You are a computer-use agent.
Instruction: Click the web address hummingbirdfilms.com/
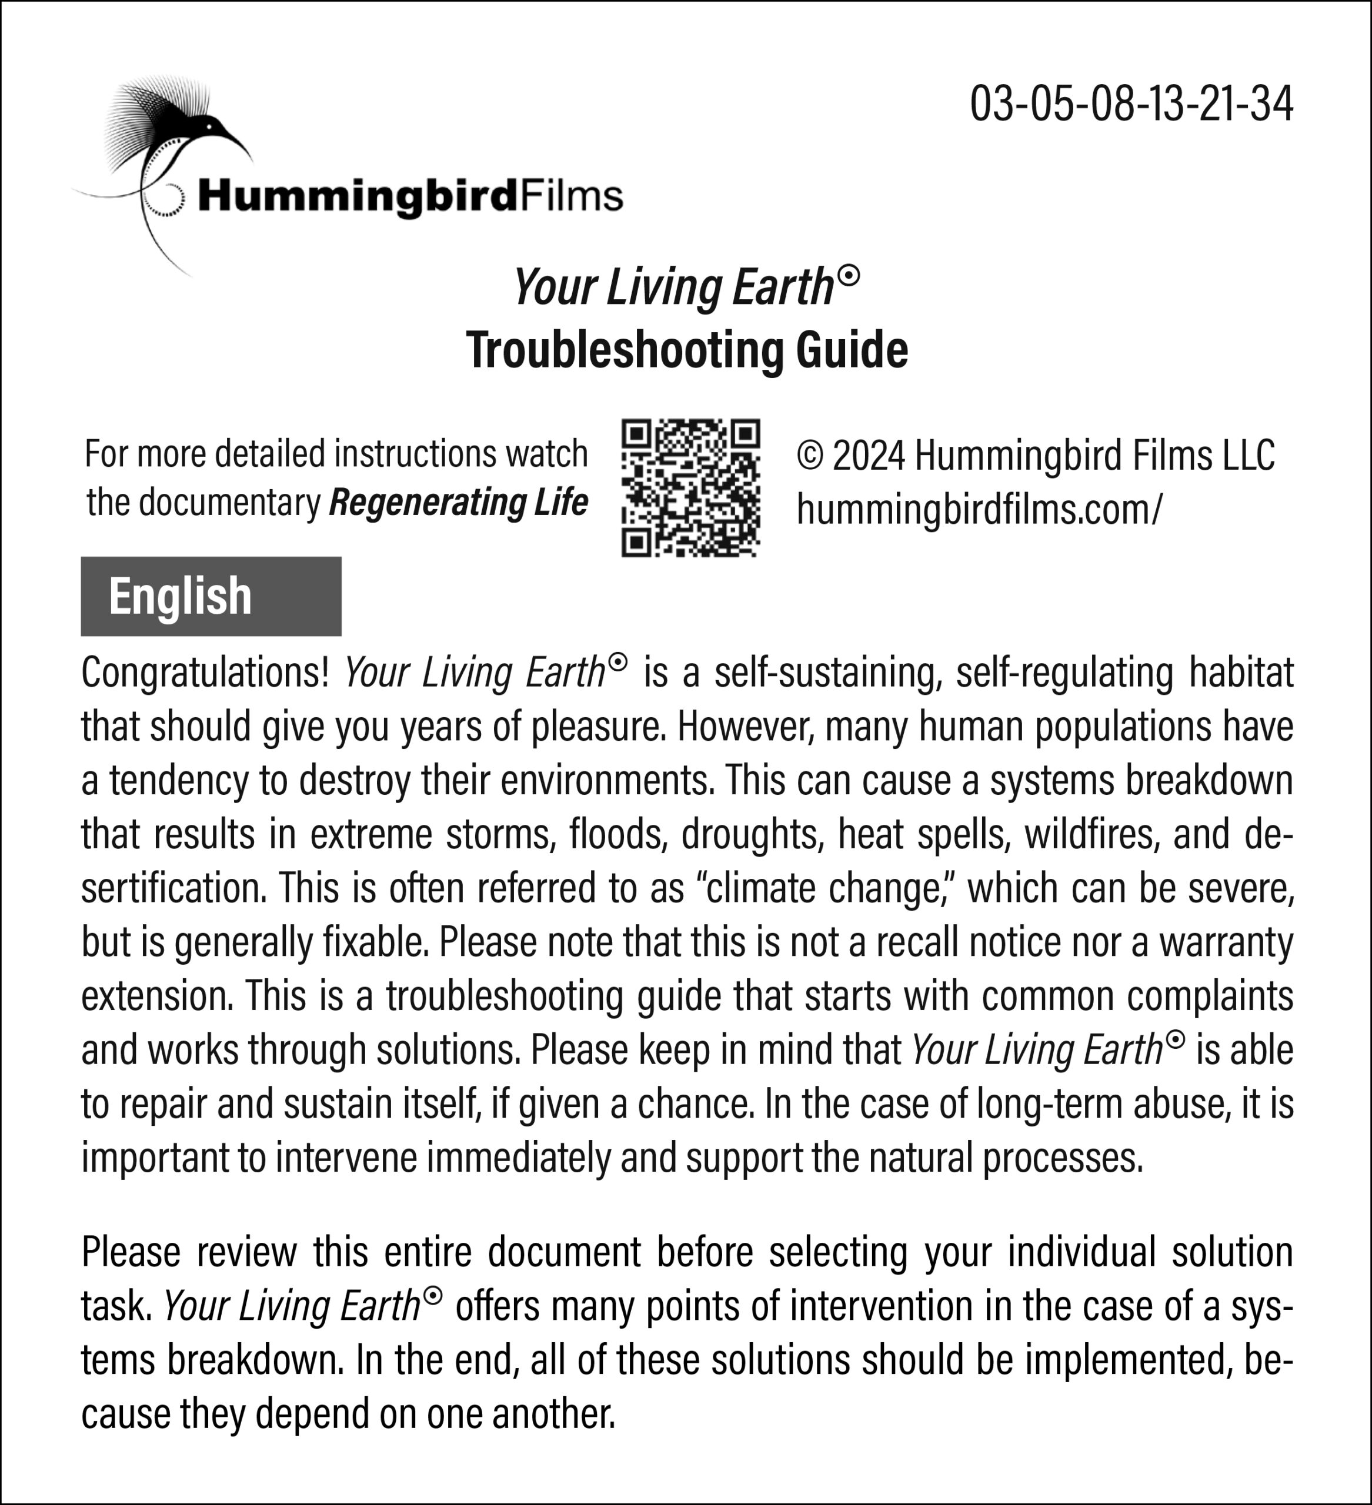click(979, 509)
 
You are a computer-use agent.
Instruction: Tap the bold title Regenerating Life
click(458, 501)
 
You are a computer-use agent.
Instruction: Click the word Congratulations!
click(205, 672)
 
